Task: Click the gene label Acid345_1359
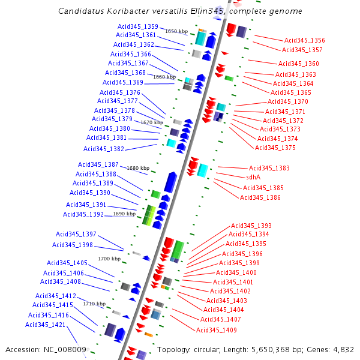[x=138, y=26]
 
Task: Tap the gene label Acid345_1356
[x=305, y=40]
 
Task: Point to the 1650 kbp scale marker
[x=176, y=31]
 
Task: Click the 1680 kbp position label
[x=137, y=168]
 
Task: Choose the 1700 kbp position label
[x=109, y=259]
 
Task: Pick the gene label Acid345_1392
[x=83, y=214]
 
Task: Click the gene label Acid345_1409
[x=217, y=330]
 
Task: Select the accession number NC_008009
[x=66, y=350]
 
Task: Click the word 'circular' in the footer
[x=214, y=350]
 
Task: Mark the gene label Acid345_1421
[x=45, y=325]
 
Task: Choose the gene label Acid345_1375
[x=275, y=148]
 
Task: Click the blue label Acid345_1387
[x=98, y=164]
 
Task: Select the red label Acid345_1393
[x=251, y=226]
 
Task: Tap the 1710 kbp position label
[x=95, y=304]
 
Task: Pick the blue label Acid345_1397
[x=76, y=234]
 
